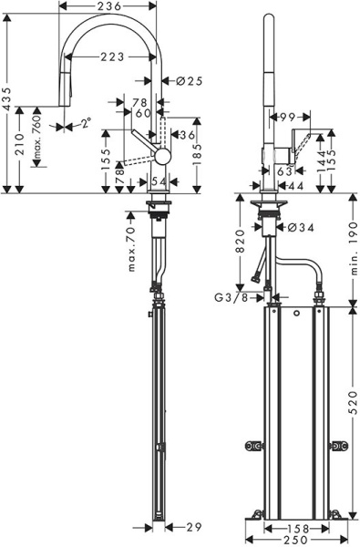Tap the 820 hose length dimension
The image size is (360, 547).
pos(239,242)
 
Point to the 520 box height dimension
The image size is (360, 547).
pos(353,399)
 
